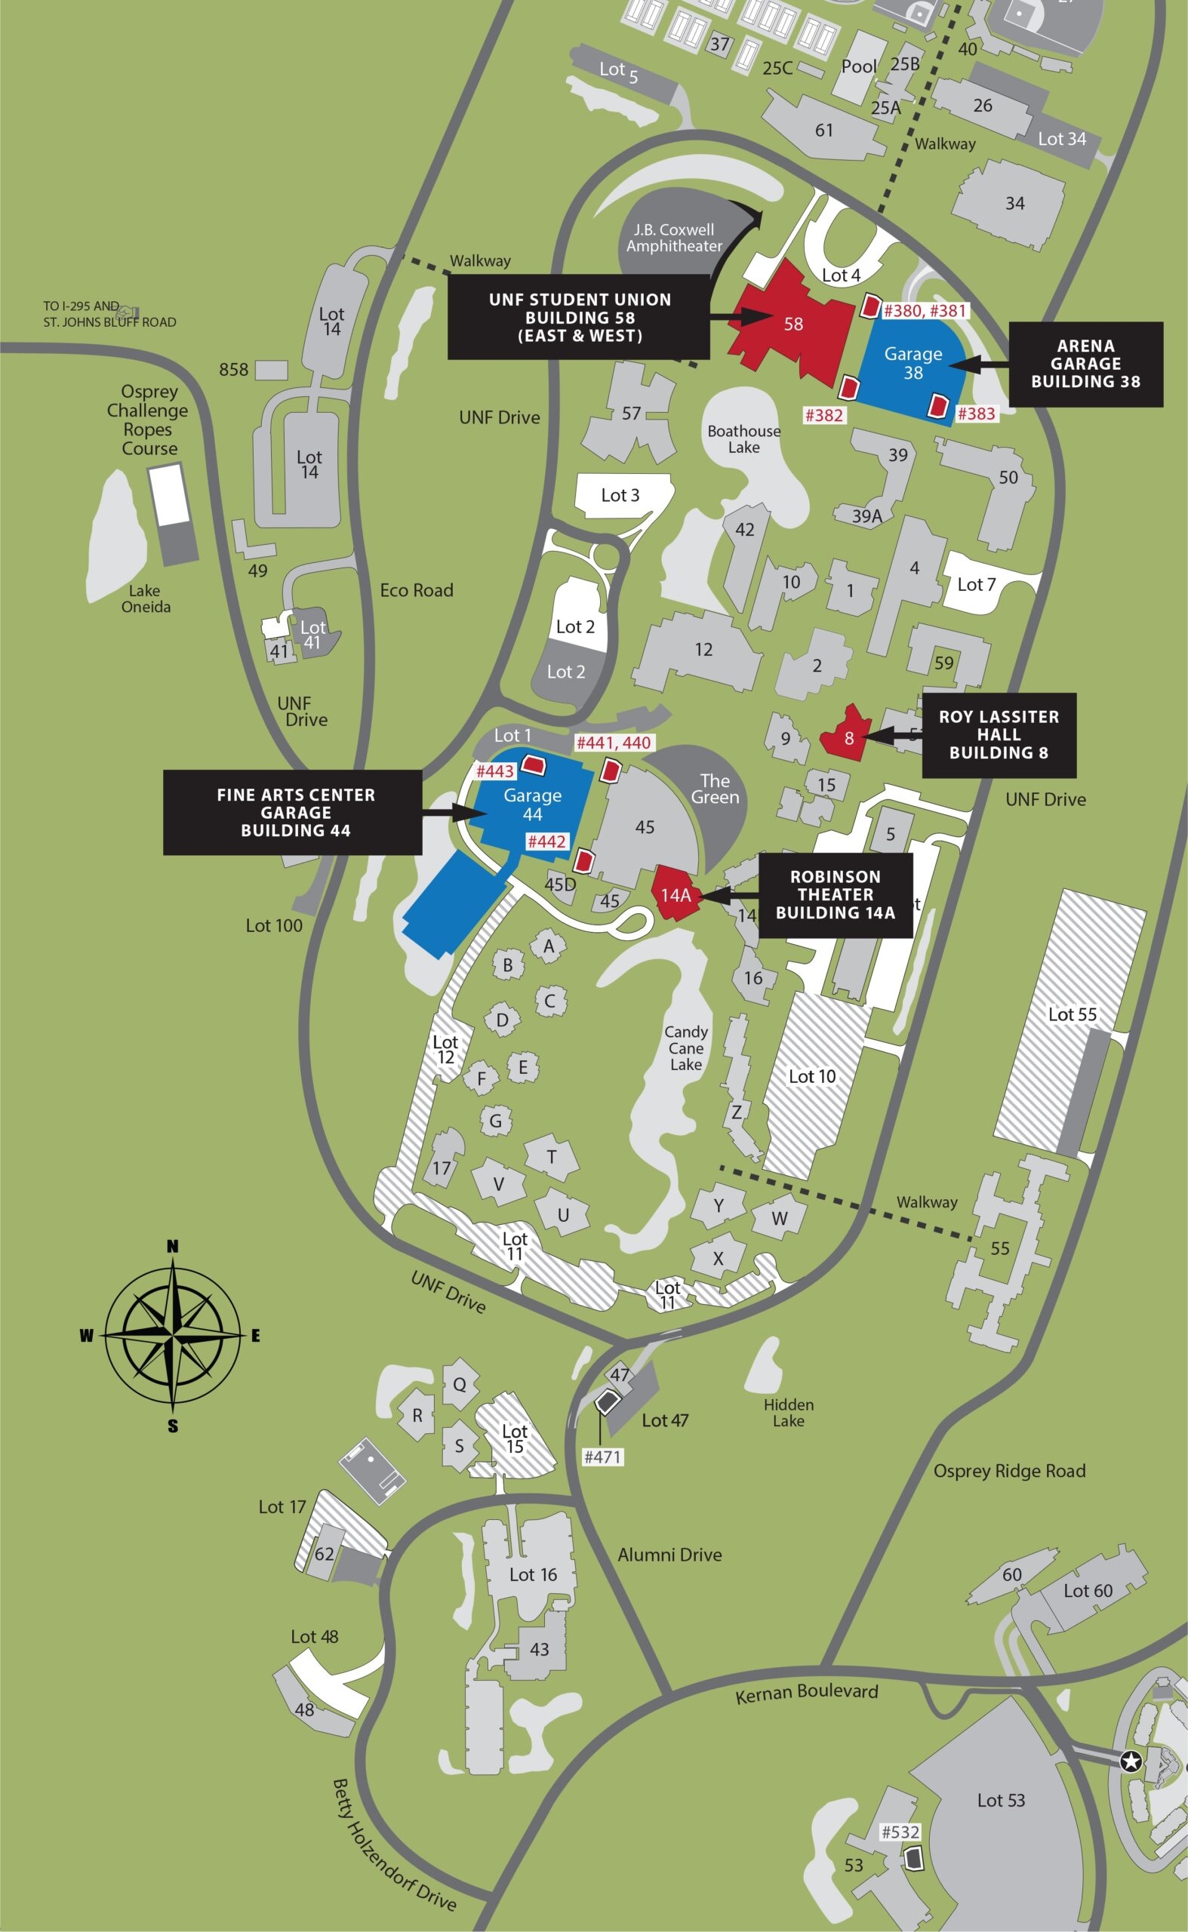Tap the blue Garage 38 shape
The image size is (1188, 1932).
point(913,364)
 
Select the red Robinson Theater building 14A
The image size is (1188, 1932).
point(675,894)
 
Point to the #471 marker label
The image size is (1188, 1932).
point(602,1457)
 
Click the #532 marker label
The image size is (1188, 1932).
point(900,1832)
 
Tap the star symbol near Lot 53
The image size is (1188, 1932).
point(1131,1761)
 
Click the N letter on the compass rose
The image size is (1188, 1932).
point(173,1246)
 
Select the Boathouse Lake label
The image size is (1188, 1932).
point(743,439)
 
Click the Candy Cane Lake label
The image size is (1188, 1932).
point(686,1048)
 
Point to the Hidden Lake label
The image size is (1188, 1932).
point(788,1412)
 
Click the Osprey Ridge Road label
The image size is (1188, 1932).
point(1009,1471)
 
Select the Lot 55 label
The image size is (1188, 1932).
point(1072,1014)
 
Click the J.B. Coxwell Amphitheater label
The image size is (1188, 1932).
point(674,238)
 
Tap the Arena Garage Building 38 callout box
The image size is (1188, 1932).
point(1085,364)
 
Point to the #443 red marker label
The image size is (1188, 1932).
point(495,771)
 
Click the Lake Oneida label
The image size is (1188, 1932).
point(146,598)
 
